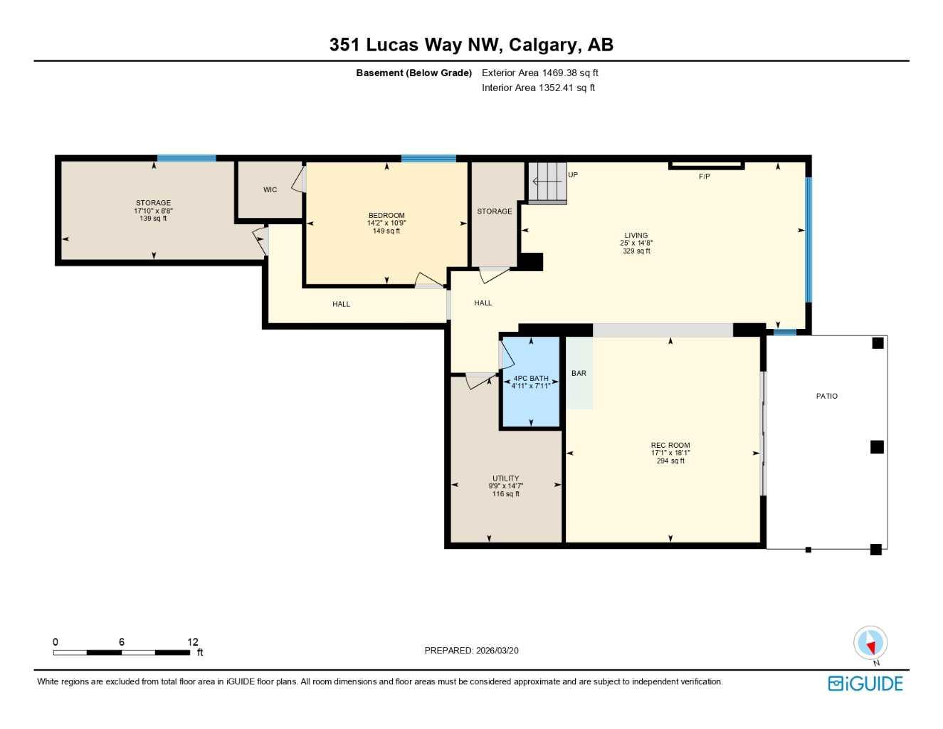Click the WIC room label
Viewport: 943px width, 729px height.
point(270,189)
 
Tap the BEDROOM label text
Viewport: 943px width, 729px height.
point(386,215)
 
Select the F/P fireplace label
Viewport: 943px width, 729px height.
point(704,177)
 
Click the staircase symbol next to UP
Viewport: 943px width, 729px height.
point(547,182)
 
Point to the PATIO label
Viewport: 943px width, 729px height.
point(826,396)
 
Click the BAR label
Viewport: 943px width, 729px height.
point(579,373)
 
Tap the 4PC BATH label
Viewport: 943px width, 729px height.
point(531,379)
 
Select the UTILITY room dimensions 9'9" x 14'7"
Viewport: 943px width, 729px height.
point(506,486)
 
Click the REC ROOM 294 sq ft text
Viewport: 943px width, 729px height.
point(670,461)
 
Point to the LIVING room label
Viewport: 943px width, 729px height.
point(636,235)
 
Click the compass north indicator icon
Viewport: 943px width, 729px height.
point(870,644)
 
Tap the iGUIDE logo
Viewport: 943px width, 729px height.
point(865,683)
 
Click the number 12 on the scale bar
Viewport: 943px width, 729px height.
point(193,641)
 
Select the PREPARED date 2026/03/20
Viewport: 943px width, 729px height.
point(497,650)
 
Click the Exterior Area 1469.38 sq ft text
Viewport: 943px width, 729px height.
point(539,73)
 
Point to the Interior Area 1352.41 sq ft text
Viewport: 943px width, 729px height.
point(538,88)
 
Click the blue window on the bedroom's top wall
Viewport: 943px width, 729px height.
point(428,159)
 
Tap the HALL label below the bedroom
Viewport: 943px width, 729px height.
point(341,304)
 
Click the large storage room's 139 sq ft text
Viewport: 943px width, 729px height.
point(153,219)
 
